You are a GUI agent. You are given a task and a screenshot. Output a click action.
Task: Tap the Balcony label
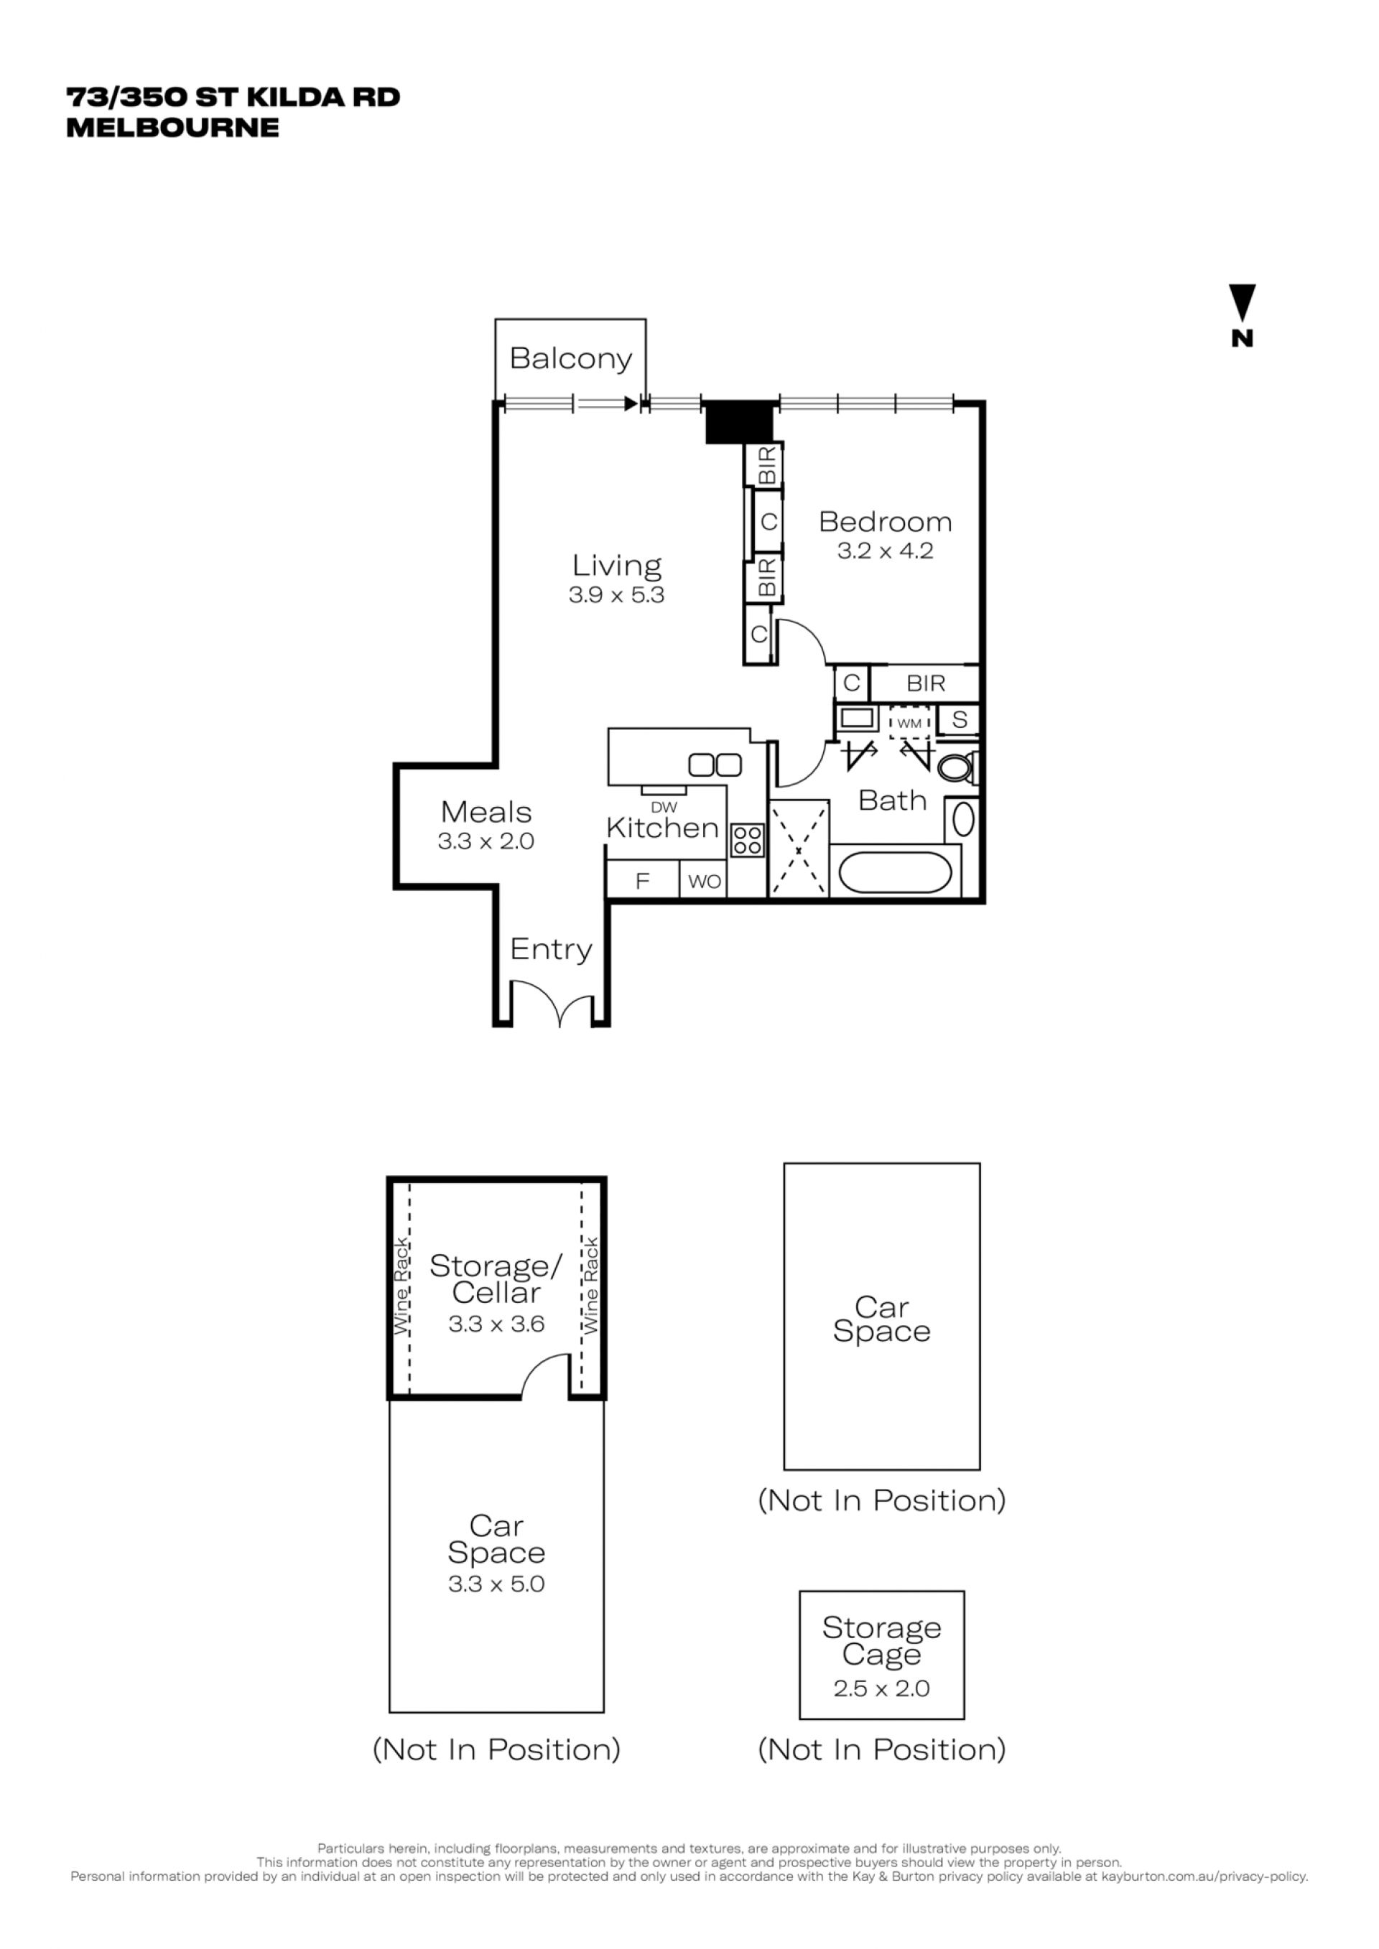[x=570, y=359]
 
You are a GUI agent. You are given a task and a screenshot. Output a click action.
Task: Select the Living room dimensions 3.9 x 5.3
[x=616, y=595]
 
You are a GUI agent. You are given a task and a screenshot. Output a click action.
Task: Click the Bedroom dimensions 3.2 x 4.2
[x=885, y=551]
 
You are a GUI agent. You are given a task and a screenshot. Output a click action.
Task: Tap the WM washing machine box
[x=910, y=723]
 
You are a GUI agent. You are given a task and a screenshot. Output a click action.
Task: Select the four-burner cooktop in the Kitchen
[x=747, y=841]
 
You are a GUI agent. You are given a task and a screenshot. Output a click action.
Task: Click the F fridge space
[x=643, y=881]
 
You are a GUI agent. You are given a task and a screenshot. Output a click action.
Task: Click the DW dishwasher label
[x=664, y=808]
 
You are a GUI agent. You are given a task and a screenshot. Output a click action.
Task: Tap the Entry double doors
[x=552, y=1003]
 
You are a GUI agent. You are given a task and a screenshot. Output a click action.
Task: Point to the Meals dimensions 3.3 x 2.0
[x=486, y=841]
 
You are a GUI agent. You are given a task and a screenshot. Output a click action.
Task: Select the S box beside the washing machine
[x=959, y=720]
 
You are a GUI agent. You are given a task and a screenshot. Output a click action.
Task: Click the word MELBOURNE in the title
[x=172, y=127]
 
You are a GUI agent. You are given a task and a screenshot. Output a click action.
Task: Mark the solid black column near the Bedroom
[x=741, y=422]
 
